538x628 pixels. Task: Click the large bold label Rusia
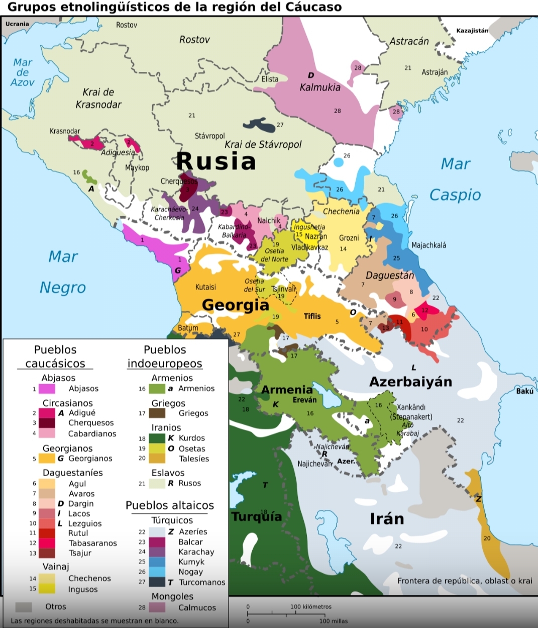point(216,161)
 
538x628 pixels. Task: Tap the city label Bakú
point(524,391)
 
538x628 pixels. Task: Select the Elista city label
point(270,79)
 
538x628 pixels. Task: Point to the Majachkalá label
point(428,245)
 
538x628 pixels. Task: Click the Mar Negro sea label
point(63,272)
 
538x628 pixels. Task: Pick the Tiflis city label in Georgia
point(312,316)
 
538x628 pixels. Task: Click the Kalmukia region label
point(320,87)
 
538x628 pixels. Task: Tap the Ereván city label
point(305,400)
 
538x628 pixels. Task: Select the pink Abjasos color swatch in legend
point(47,389)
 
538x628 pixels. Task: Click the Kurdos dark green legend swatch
point(157,438)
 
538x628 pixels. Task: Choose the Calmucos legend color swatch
point(157,607)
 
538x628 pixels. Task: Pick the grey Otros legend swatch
point(24,607)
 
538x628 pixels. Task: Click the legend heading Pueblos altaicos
point(170,505)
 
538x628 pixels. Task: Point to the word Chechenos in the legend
point(89,578)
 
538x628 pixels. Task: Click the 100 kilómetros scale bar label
point(311,606)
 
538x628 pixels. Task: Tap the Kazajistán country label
point(472,31)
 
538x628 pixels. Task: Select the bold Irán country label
point(387,518)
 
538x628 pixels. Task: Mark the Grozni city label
point(349,238)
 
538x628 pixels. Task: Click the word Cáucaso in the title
point(314,7)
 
